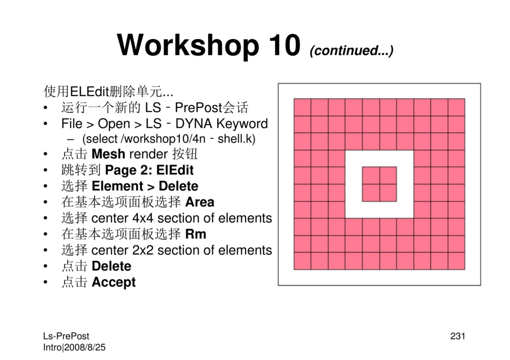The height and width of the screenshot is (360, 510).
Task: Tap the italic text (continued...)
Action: pyautogui.click(x=352, y=50)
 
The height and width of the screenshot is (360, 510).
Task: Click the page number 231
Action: pyautogui.click(x=458, y=336)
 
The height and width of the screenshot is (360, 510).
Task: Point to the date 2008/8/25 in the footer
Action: pyautogui.click(x=85, y=347)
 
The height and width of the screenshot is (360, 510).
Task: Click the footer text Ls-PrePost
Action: pyautogui.click(x=66, y=336)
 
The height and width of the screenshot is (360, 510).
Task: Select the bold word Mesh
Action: pyautogui.click(x=108, y=154)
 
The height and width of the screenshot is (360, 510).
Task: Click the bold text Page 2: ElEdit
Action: pyautogui.click(x=149, y=170)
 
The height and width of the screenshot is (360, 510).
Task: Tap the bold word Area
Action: pyautogui.click(x=200, y=202)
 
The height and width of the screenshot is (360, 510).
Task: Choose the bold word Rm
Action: pyautogui.click(x=196, y=234)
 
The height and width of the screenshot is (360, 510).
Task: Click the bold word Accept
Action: pyautogui.click(x=113, y=282)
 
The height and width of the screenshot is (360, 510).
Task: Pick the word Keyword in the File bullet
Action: pyautogui.click(x=242, y=124)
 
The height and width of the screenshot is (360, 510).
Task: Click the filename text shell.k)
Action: pyautogui.click(x=237, y=139)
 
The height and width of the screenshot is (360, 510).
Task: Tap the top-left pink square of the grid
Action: pyautogui.click(x=303, y=107)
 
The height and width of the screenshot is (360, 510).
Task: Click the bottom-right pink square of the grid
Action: pyautogui.click(x=456, y=261)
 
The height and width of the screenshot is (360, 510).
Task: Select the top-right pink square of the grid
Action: pyautogui.click(x=456, y=107)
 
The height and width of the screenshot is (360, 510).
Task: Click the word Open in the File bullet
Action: pyautogui.click(x=114, y=124)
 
